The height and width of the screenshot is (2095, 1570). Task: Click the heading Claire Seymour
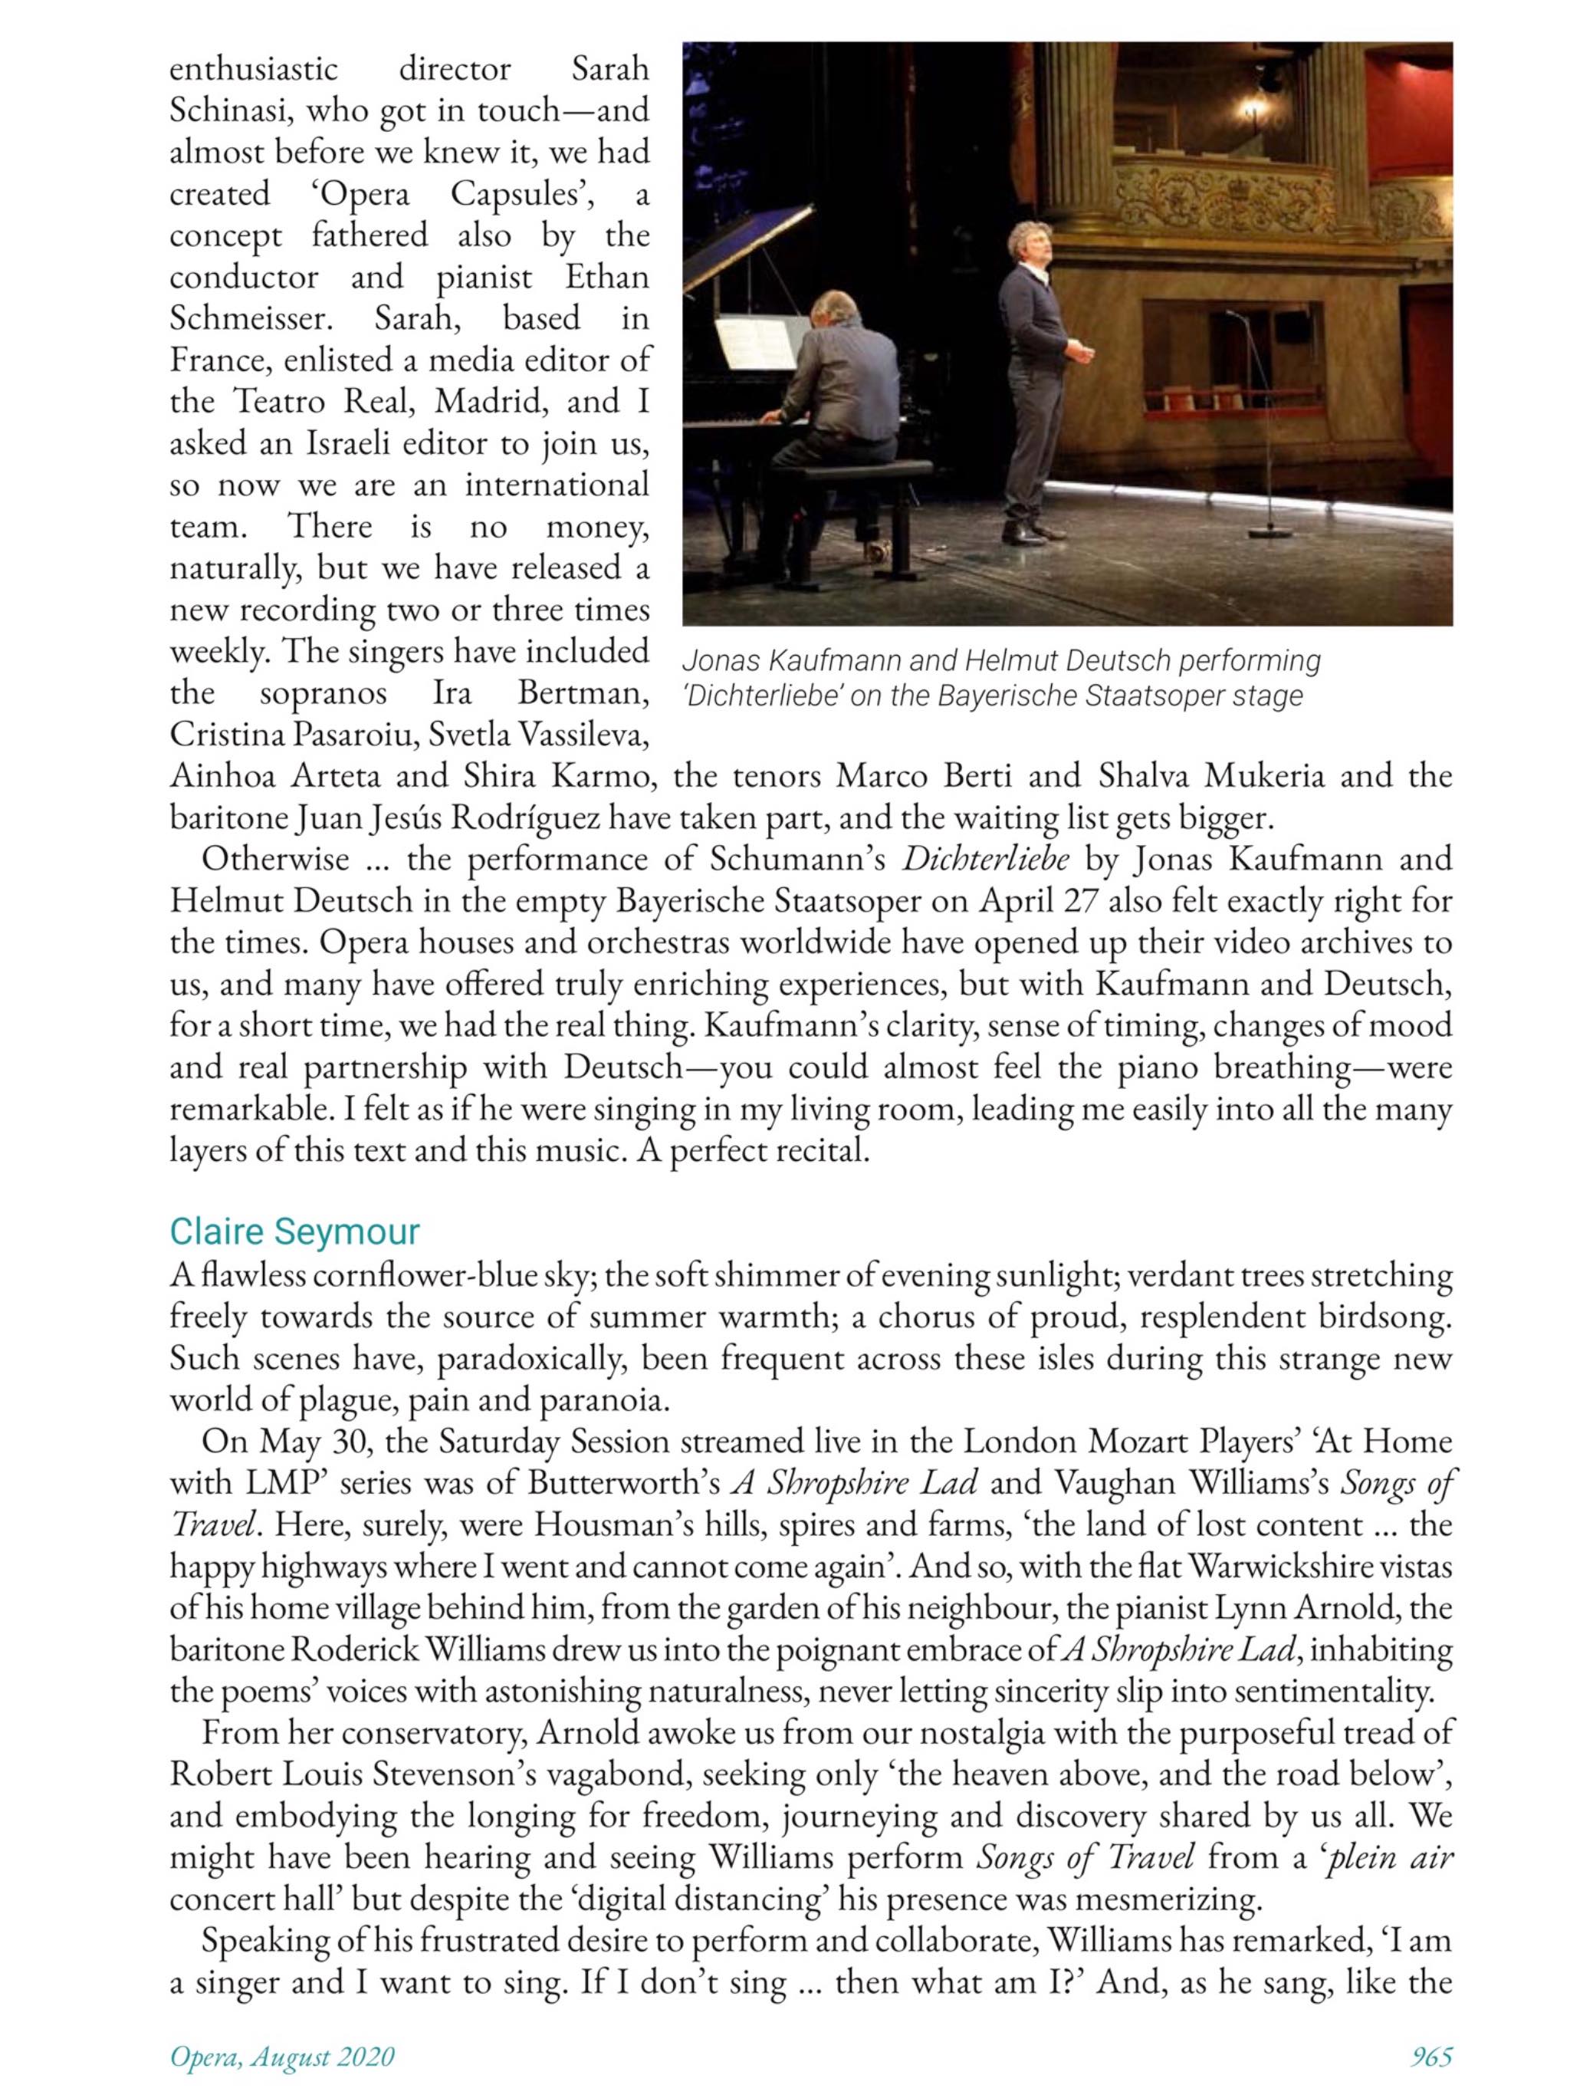pyautogui.click(x=294, y=1232)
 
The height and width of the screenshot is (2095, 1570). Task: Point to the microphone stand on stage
pyautogui.click(x=1260, y=426)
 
